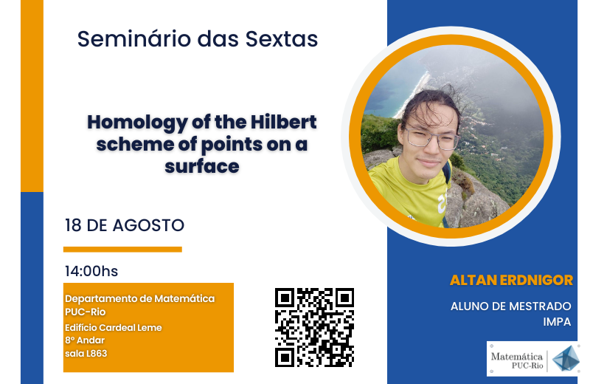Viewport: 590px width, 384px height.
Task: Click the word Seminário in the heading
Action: tap(134, 39)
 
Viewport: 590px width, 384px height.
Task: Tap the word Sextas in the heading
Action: tap(282, 39)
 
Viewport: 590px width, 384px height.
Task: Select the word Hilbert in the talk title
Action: tap(283, 122)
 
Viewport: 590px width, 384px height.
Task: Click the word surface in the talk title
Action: tap(202, 166)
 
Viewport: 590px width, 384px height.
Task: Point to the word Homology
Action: tap(137, 123)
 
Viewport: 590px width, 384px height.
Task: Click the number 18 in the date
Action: tap(73, 225)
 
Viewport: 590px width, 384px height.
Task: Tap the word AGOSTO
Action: tap(148, 225)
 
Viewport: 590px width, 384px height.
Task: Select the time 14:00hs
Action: tap(91, 271)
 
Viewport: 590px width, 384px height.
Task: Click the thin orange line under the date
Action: tap(122, 249)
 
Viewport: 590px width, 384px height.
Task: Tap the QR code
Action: tap(315, 327)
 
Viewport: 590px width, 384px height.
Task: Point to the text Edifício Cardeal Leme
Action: tap(114, 327)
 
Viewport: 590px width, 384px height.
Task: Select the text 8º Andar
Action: tap(85, 340)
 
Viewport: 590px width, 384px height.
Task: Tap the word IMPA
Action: tap(557, 321)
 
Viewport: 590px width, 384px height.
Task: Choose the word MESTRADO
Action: tap(540, 306)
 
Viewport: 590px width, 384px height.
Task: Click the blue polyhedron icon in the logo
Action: tap(566, 358)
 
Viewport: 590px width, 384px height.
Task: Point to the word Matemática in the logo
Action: tap(517, 356)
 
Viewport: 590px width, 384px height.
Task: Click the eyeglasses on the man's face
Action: tap(432, 138)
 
